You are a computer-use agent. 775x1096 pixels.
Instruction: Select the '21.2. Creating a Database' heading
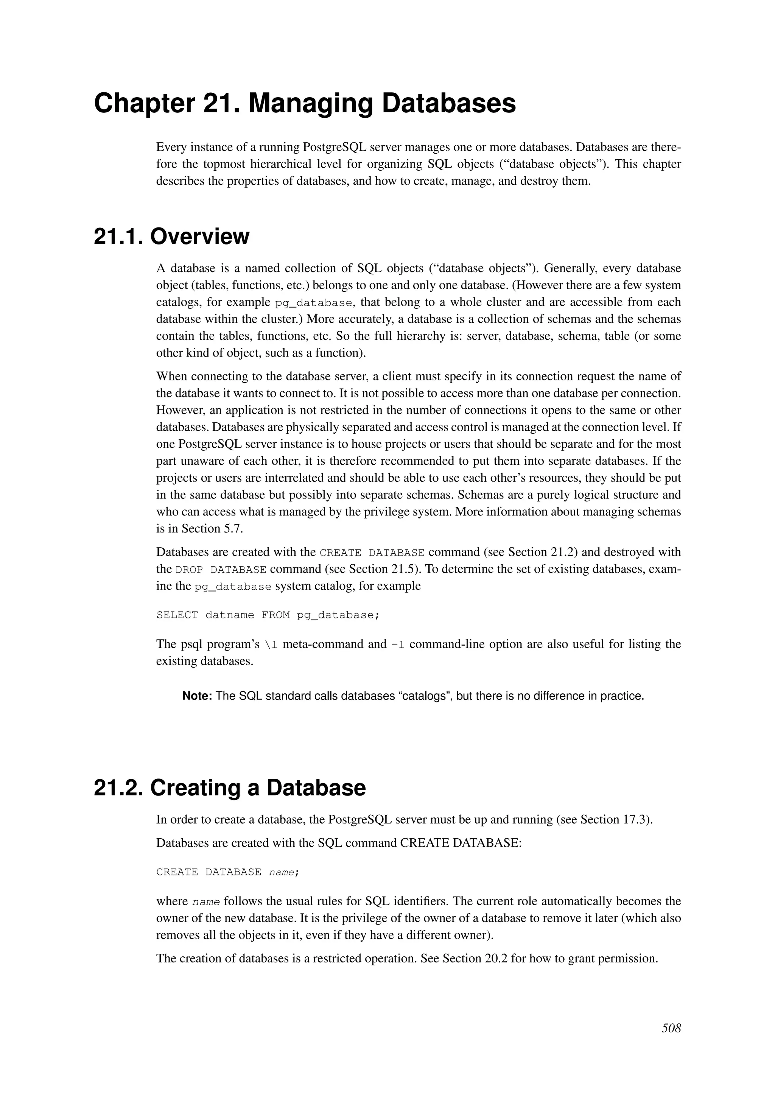pos(230,788)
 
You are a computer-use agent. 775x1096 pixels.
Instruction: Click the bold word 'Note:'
pos(197,696)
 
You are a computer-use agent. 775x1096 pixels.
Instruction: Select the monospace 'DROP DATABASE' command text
pos(221,570)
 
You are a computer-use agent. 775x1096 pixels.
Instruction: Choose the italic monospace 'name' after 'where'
pos(206,902)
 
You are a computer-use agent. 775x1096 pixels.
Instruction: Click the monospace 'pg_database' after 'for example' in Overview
pos(314,303)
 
